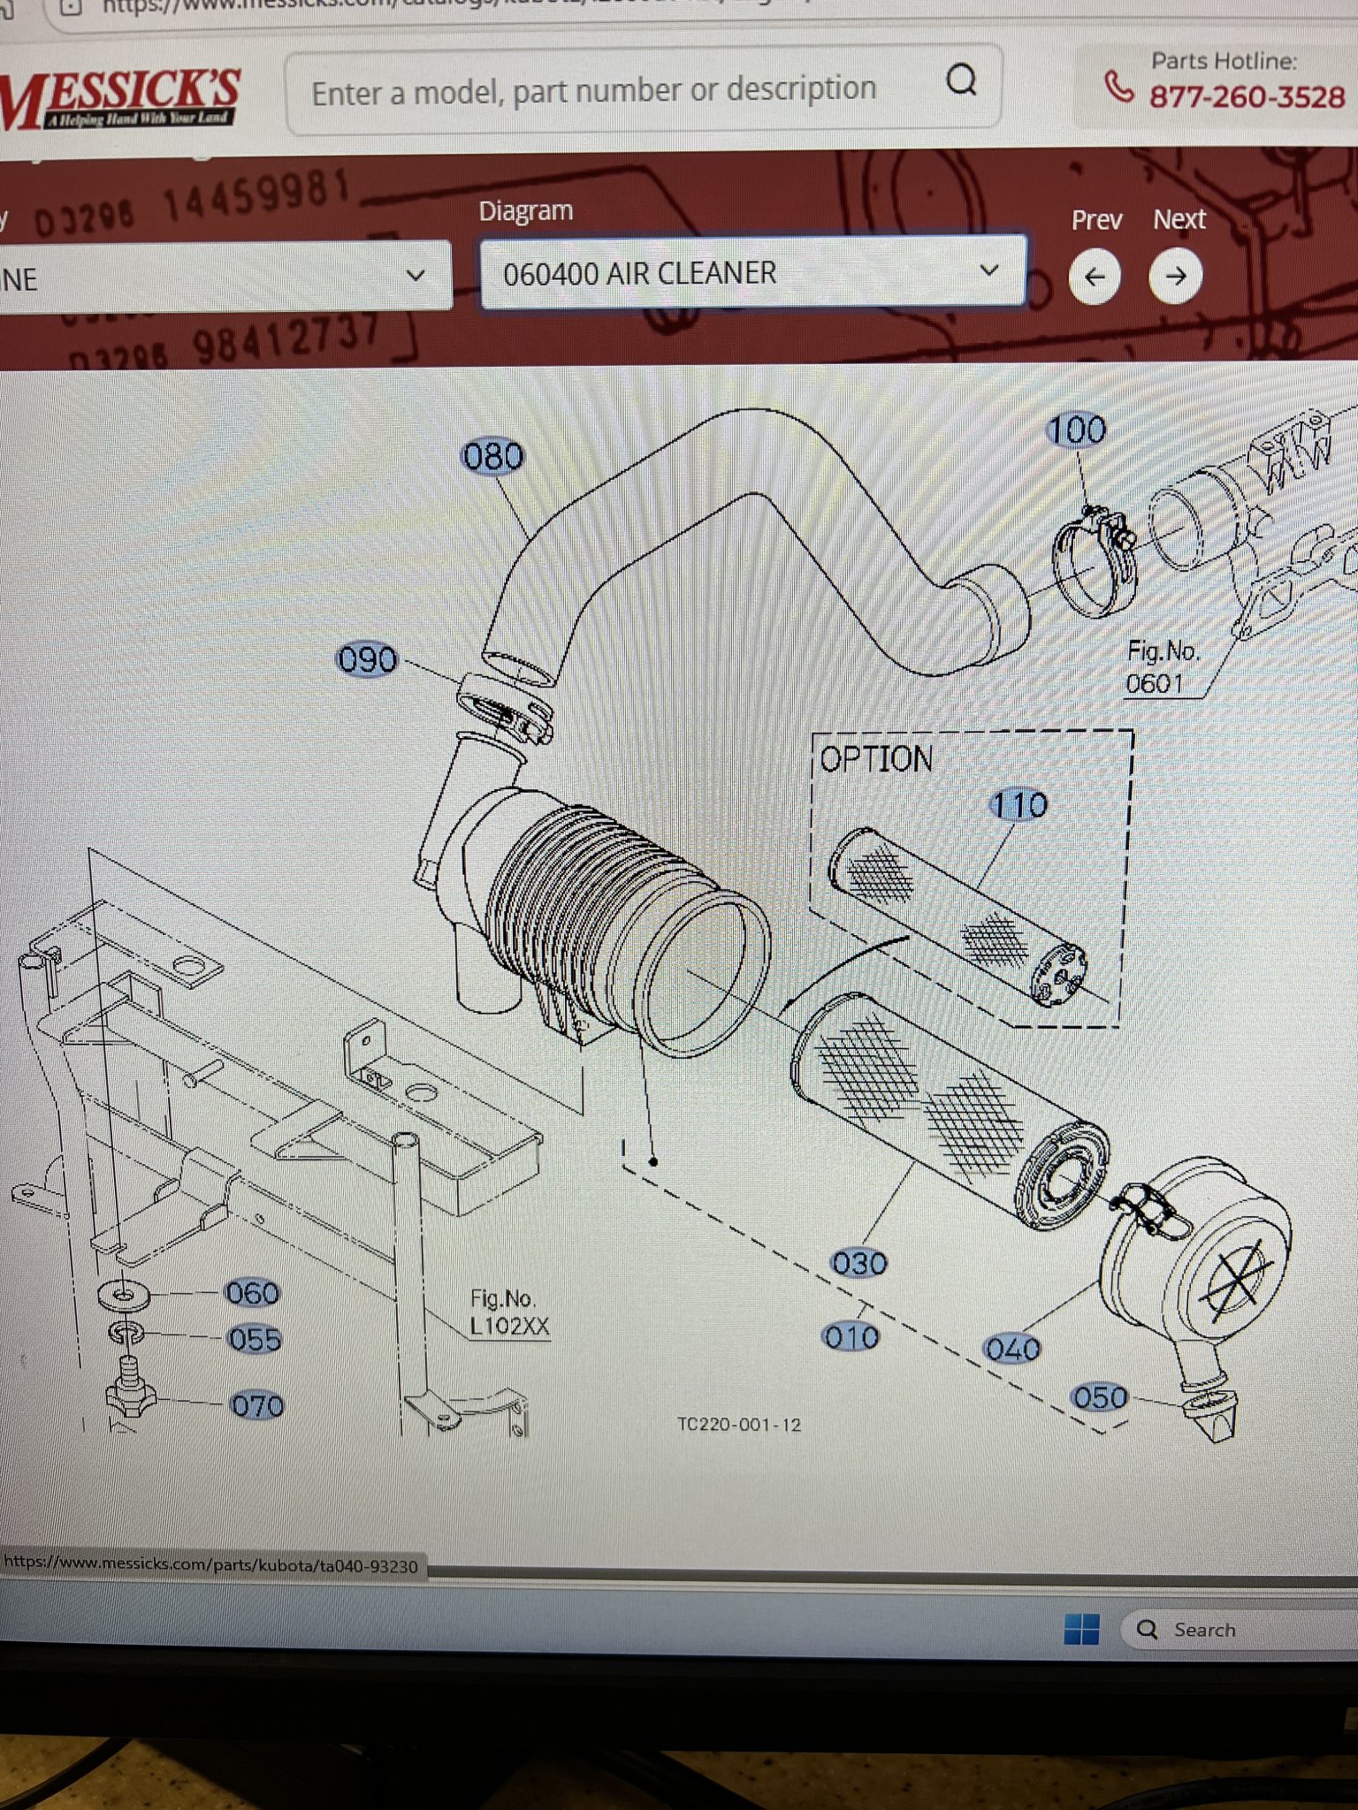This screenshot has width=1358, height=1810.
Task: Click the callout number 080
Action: [x=493, y=457]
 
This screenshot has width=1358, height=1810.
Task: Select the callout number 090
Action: [x=368, y=660]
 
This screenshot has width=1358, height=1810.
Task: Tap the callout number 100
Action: [x=1076, y=430]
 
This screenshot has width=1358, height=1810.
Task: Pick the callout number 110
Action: [x=1019, y=805]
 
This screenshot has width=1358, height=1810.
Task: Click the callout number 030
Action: [x=859, y=1263]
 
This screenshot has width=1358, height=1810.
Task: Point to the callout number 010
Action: [x=851, y=1337]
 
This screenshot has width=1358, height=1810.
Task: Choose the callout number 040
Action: [x=1013, y=1350]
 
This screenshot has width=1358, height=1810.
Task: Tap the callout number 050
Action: [x=1100, y=1397]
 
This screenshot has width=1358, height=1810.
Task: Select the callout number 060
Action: [x=253, y=1294]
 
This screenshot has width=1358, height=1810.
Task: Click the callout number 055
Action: [x=255, y=1340]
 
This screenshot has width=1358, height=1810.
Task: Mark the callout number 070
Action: [x=257, y=1405]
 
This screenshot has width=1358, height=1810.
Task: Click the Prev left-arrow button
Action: [x=1095, y=277]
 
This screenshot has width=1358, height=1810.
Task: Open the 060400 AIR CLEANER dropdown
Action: [x=752, y=273]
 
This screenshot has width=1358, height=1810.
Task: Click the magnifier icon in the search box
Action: [x=961, y=80]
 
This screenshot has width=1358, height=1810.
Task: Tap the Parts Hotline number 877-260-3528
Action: [x=1247, y=96]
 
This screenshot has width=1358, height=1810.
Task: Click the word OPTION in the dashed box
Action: [x=876, y=759]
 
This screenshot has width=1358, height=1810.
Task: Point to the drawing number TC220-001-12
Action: [x=739, y=1425]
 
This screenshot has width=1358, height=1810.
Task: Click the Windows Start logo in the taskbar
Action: [x=1082, y=1629]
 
